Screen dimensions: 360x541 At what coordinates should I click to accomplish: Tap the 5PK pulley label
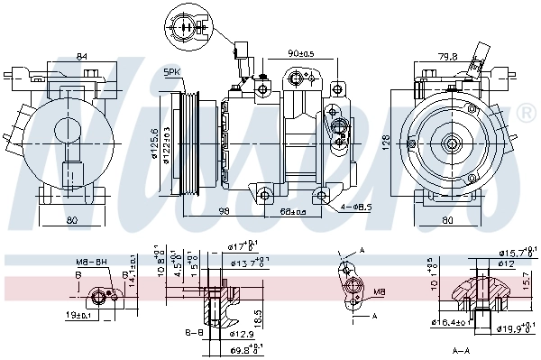point(170,71)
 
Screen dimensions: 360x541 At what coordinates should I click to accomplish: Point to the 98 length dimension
point(224,211)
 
